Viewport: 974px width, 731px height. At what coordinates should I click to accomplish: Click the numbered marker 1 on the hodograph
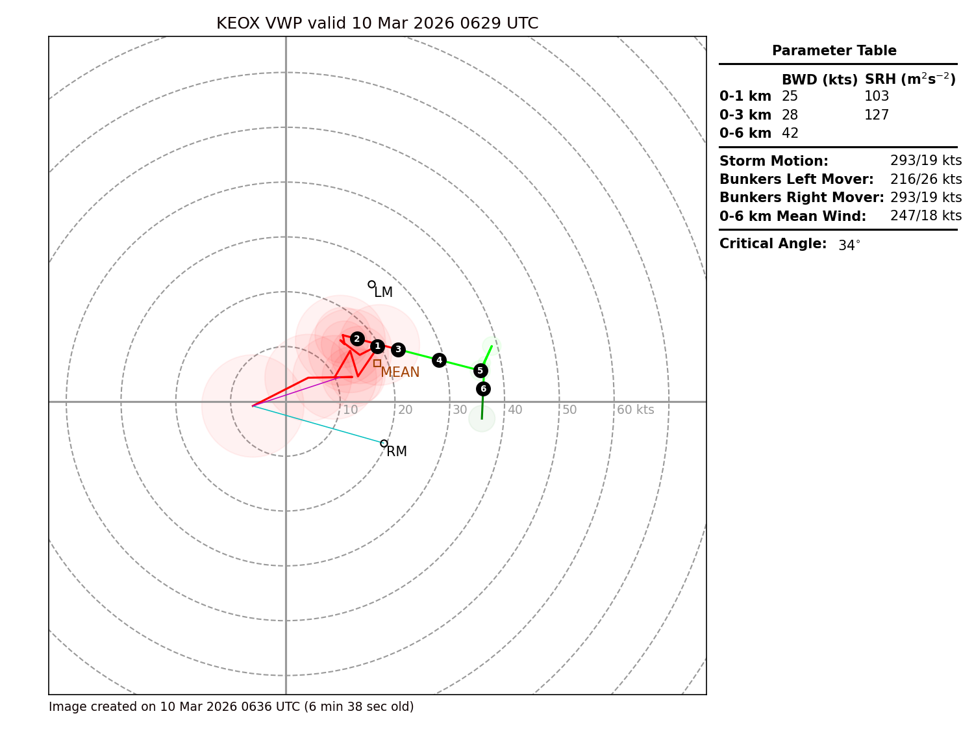pos(377,346)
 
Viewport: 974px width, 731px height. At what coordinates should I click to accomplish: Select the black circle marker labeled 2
pos(357,339)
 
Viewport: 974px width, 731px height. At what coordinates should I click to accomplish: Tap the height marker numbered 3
pos(398,350)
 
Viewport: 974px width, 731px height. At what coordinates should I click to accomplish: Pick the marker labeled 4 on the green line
pos(439,360)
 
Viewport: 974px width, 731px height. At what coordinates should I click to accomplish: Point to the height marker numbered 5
pos(480,370)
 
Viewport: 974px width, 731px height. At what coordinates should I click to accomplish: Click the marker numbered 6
pos(483,389)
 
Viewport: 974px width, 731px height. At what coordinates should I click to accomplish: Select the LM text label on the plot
pos(383,292)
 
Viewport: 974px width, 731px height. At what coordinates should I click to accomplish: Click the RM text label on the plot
pos(396,452)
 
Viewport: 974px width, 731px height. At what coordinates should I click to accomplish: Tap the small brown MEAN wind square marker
pos(377,363)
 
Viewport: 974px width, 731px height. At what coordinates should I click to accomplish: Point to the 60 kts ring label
pos(635,410)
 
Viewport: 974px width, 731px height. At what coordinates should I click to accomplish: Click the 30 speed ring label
pos(460,410)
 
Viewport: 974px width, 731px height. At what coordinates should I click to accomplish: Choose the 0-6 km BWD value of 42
pos(790,133)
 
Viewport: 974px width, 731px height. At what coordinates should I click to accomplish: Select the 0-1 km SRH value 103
pos(877,96)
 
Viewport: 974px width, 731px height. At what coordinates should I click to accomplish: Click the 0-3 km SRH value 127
pos(877,115)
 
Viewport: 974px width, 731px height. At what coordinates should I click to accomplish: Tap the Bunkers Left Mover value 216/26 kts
pos(926,179)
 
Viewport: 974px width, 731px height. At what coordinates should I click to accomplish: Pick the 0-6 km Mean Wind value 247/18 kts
pos(926,216)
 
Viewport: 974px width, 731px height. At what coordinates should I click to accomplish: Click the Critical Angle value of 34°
pos(849,245)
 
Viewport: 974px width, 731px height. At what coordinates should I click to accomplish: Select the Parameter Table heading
pos(834,51)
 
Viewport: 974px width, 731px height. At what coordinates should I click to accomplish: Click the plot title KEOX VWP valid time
pos(377,23)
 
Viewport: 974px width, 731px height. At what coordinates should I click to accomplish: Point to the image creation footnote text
pos(231,707)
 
